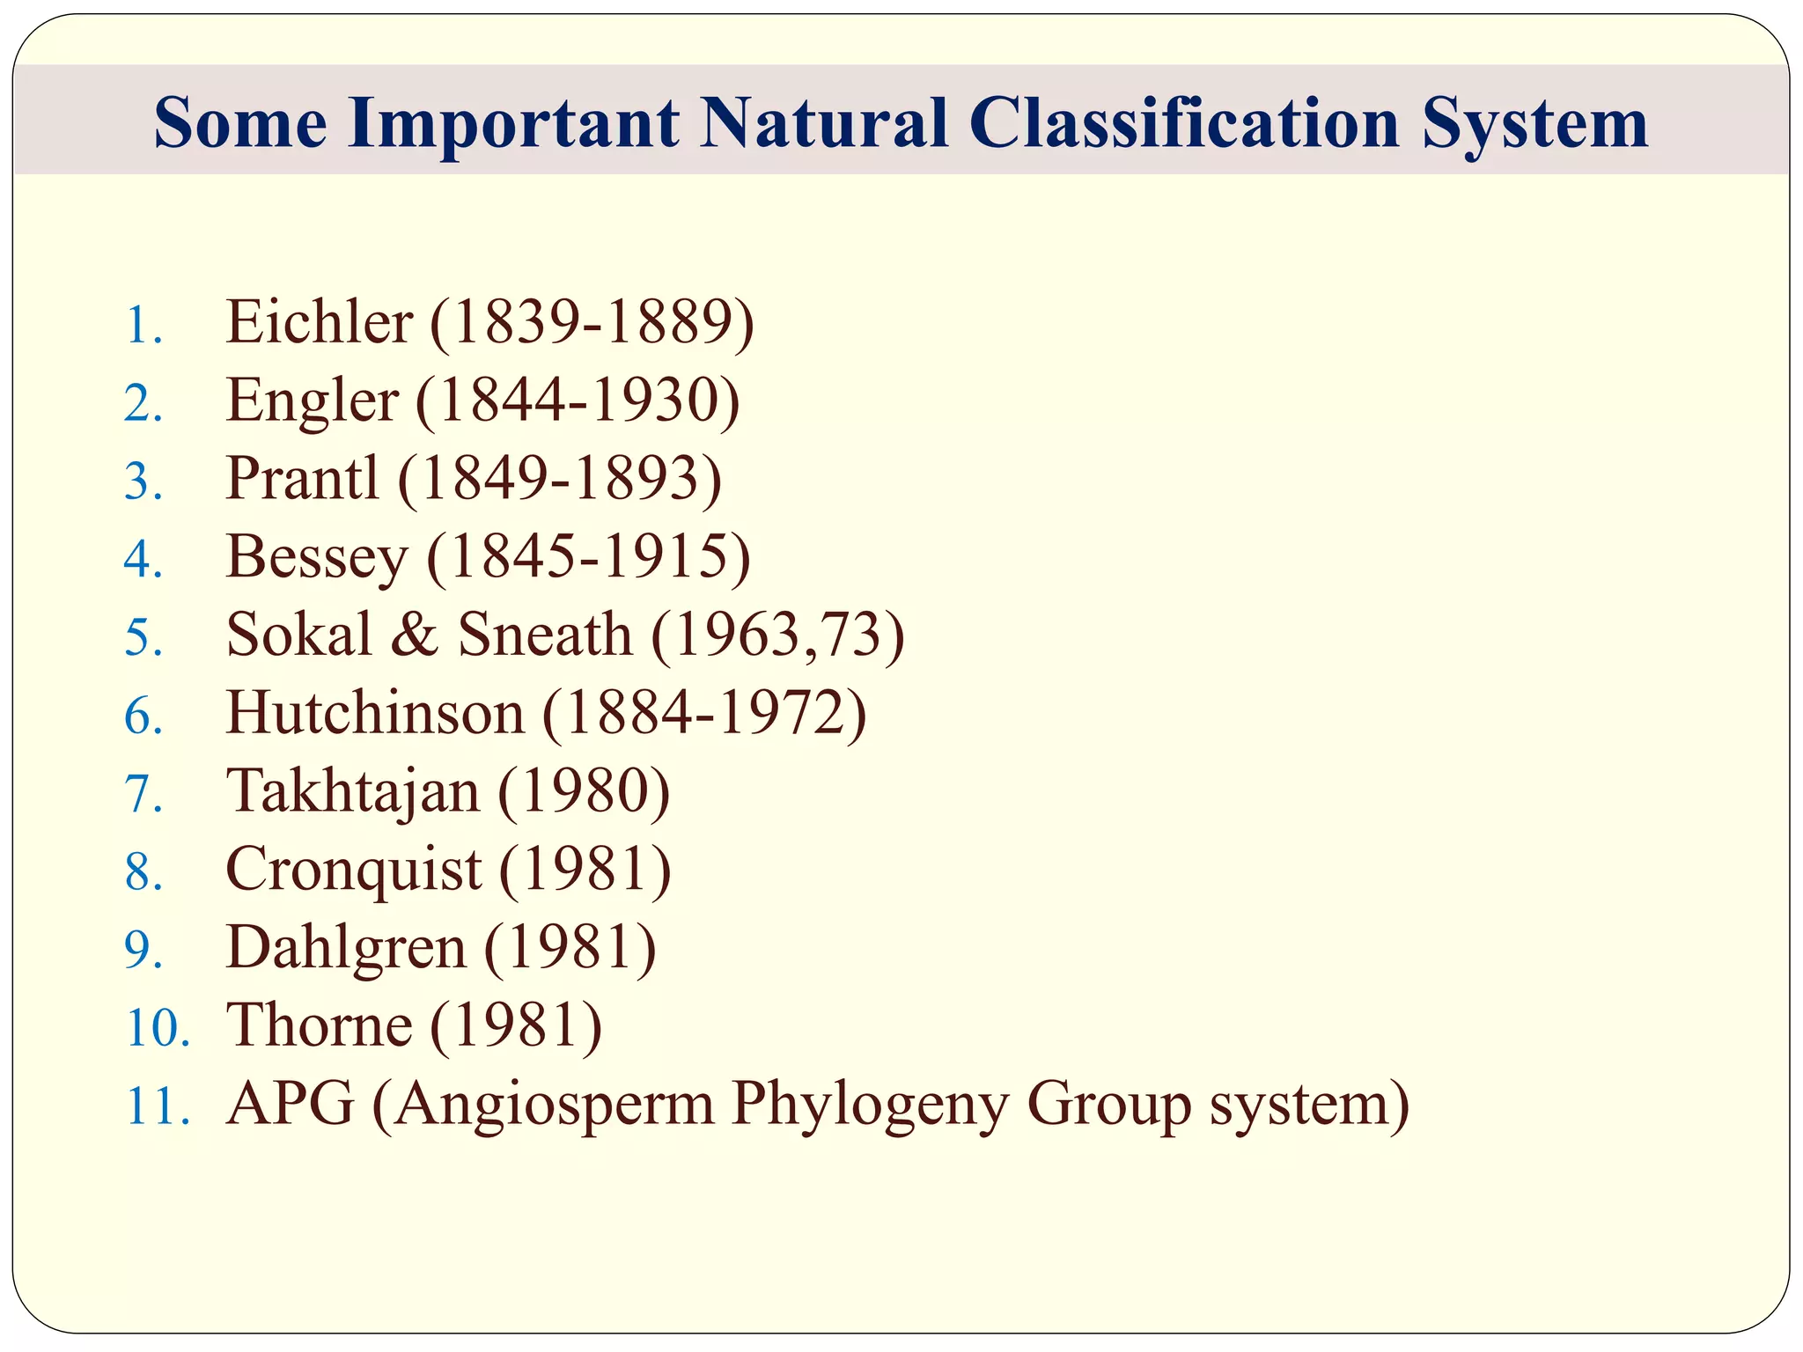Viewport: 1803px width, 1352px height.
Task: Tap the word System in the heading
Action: [x=1534, y=122]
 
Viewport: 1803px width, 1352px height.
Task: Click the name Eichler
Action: [x=319, y=322]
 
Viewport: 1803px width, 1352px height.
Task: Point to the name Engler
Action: [x=312, y=401]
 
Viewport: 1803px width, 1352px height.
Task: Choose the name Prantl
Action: [x=302, y=479]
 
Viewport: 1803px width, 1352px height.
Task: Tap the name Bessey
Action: [x=317, y=557]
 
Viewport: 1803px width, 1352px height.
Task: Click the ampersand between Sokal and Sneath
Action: [x=414, y=635]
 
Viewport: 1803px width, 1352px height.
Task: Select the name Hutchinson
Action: [x=375, y=713]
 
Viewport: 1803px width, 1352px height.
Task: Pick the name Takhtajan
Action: [x=353, y=790]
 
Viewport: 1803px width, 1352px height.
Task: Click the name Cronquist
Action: [x=353, y=870]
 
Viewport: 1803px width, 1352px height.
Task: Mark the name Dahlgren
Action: [x=346, y=948]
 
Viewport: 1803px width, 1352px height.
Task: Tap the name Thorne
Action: [x=319, y=1025]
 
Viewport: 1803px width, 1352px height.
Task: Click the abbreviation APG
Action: [x=290, y=1104]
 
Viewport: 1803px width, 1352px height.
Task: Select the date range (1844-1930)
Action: [x=578, y=401]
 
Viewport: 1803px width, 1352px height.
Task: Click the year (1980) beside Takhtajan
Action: [x=584, y=790]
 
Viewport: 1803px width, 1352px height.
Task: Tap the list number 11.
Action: [x=158, y=1106]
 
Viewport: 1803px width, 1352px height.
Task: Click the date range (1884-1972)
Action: [x=704, y=713]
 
